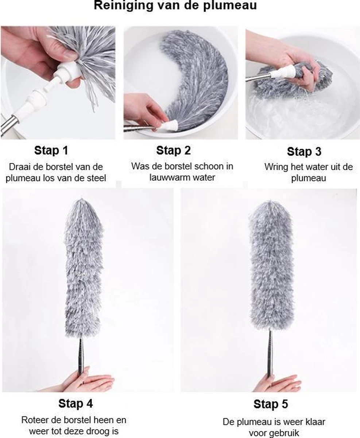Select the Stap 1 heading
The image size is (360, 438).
(51, 150)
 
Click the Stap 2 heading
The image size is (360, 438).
(173, 150)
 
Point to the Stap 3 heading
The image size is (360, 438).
(304, 151)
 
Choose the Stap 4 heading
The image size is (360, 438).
(76, 404)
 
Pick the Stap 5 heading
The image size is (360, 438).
(271, 404)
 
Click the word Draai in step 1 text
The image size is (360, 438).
(20, 167)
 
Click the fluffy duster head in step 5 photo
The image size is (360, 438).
(272, 266)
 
